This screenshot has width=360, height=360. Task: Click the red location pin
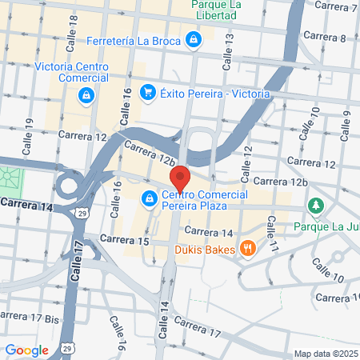(179, 178)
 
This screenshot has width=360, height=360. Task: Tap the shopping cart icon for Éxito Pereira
(147, 94)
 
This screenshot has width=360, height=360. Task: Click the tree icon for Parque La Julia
(318, 206)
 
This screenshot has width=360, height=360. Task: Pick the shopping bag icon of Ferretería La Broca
(193, 38)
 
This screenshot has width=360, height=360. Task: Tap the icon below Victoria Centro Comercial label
(85, 96)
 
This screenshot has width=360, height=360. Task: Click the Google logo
(26, 350)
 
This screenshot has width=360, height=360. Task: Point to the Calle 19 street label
(30, 133)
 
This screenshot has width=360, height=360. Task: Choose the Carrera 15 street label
(126, 240)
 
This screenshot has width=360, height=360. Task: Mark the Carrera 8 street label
(331, 38)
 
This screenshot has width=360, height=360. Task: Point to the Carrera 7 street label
(337, 6)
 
